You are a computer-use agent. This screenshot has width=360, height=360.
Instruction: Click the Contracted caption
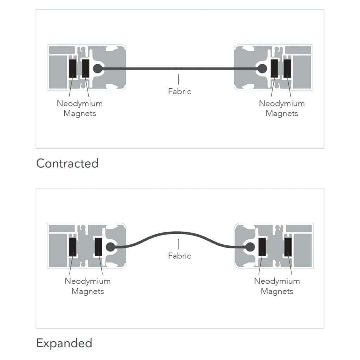tap(67, 163)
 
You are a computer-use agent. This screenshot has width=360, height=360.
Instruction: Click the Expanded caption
tap(64, 343)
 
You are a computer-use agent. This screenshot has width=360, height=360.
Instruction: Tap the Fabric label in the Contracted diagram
tap(179, 91)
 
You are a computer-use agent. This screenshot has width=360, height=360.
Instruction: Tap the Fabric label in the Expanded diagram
tap(179, 256)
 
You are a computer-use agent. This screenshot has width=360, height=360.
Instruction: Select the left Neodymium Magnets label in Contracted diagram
tap(80, 109)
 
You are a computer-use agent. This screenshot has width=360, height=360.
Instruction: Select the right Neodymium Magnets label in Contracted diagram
tap(282, 109)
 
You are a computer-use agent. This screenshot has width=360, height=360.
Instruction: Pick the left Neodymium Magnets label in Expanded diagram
tap(88, 286)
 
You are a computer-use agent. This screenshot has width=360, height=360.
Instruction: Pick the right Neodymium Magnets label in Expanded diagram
tap(277, 286)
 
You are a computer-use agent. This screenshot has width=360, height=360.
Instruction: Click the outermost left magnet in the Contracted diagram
tap(73, 68)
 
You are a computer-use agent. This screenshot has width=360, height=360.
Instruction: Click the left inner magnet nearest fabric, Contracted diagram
tap(85, 68)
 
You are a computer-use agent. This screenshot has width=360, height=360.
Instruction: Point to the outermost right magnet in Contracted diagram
tap(288, 68)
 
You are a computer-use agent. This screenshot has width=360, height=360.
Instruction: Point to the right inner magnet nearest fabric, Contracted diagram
tap(274, 68)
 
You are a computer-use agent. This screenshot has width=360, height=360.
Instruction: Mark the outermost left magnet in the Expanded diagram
tap(73, 247)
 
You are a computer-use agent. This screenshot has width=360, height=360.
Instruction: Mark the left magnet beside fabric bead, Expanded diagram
tap(98, 247)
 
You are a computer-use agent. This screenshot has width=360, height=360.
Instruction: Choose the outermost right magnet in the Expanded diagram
tap(288, 247)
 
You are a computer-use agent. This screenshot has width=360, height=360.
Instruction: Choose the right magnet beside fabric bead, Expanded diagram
tap(262, 247)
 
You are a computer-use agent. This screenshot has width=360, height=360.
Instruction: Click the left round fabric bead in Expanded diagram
tap(110, 247)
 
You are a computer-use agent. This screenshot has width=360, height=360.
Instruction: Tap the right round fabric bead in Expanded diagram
tap(250, 247)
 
